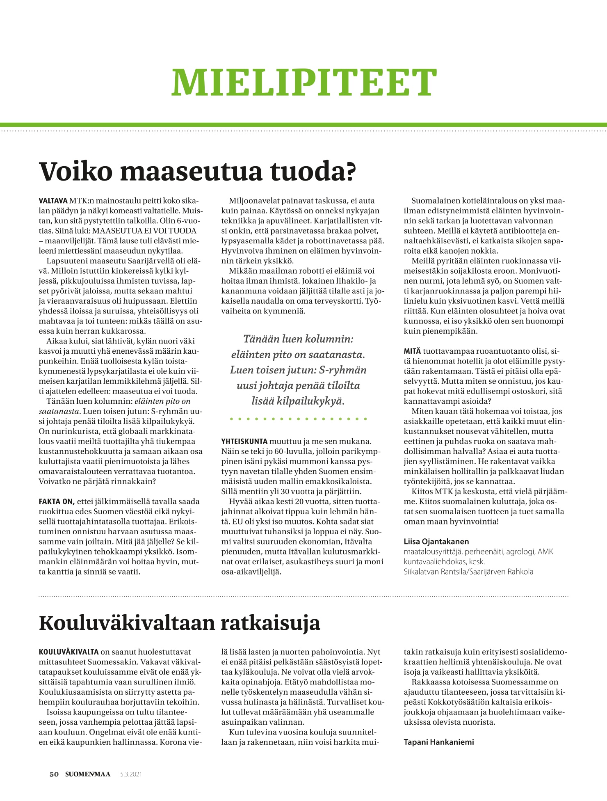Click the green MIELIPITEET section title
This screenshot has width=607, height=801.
tap(303, 82)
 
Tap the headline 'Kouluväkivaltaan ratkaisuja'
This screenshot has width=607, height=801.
tap(179, 623)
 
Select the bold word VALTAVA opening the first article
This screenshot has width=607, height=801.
tap(53, 201)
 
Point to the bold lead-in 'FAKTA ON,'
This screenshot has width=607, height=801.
tap(57, 501)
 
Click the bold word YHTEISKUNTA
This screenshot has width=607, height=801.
tap(244, 442)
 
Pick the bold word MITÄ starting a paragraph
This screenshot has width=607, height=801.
tap(412, 351)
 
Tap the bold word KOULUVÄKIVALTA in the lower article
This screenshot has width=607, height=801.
tap(68, 652)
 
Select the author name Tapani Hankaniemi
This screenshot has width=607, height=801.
tap(439, 742)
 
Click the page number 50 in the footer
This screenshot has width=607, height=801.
tap(54, 774)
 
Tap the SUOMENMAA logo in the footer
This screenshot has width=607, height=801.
tap(88, 774)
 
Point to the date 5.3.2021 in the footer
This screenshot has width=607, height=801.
tap(131, 774)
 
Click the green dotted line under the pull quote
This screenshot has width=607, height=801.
tap(298, 419)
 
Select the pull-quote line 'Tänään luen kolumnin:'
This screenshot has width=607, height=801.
tap(298, 339)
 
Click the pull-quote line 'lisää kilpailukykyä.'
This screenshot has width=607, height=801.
tap(298, 401)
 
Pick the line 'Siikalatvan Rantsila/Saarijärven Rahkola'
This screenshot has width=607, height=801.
tap(468, 571)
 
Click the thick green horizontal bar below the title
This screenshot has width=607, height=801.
tap(303, 125)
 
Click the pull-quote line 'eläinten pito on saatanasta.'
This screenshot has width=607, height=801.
tap(298, 355)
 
